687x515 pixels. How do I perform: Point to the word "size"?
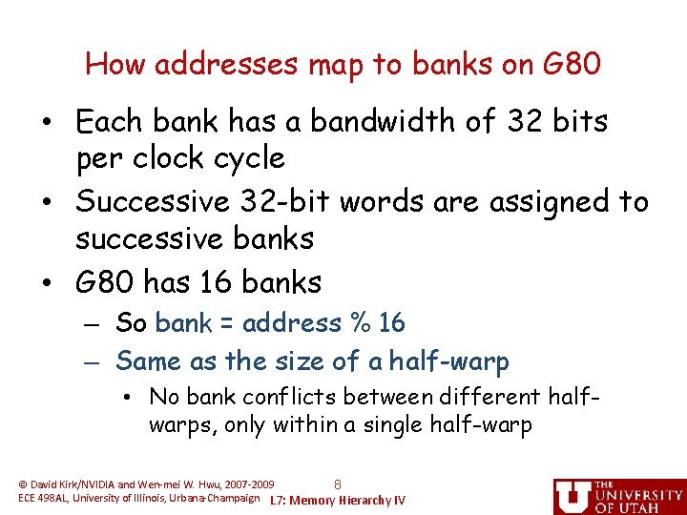(x=304, y=361)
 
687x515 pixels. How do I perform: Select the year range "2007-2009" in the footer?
(x=245, y=484)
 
